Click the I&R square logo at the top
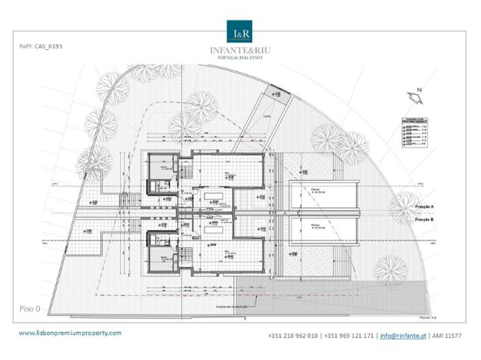[x=240, y=32]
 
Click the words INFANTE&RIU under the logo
[x=240, y=50]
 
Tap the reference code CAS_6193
[x=43, y=48]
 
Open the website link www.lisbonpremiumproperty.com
[x=70, y=333]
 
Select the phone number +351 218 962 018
[x=293, y=336]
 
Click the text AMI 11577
[x=446, y=336]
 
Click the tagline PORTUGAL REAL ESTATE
[x=240, y=58]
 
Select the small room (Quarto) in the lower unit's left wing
[x=164, y=258]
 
